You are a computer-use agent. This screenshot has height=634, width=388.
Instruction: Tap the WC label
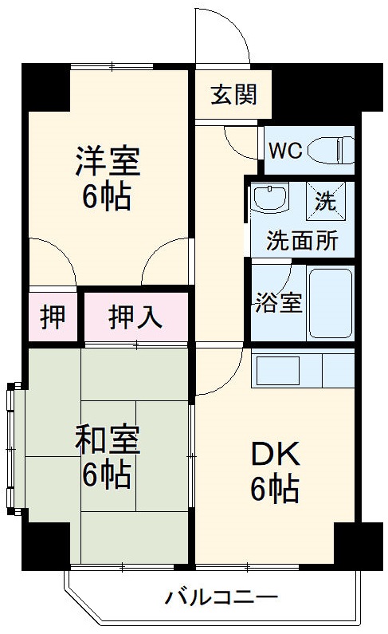(x=284, y=151)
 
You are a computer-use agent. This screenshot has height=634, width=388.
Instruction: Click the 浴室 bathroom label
(x=279, y=303)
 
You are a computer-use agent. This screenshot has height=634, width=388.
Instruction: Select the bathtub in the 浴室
(x=330, y=304)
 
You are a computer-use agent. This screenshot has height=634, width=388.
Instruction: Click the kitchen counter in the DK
(x=301, y=369)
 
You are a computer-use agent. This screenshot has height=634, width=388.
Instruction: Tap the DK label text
(x=276, y=455)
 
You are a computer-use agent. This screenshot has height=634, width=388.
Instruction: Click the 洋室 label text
(x=108, y=160)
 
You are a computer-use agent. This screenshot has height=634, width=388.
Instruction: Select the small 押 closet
(x=53, y=317)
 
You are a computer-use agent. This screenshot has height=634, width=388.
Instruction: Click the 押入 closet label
(x=135, y=317)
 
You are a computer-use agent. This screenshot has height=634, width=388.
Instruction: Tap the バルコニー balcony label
(x=221, y=597)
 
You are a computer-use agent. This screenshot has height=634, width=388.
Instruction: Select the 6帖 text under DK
(x=275, y=488)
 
